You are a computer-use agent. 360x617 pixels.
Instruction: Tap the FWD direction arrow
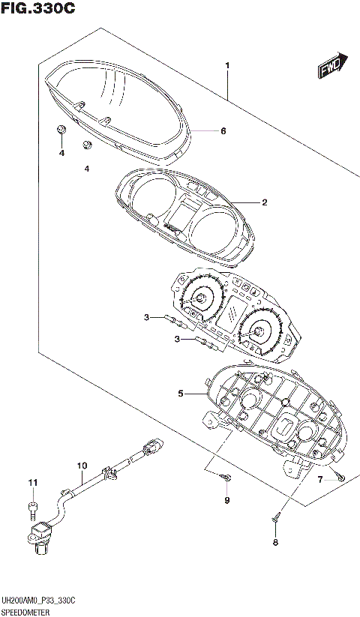point(332,65)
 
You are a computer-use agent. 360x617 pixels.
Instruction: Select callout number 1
point(227,65)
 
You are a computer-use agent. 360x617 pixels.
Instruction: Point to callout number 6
point(223,131)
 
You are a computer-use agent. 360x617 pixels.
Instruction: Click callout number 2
point(265,202)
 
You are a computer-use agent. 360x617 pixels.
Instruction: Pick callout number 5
point(180,393)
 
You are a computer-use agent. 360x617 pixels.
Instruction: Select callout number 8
point(275,543)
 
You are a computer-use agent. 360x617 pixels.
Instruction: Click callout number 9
point(227,501)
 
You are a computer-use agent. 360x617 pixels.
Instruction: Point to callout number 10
point(82,466)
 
